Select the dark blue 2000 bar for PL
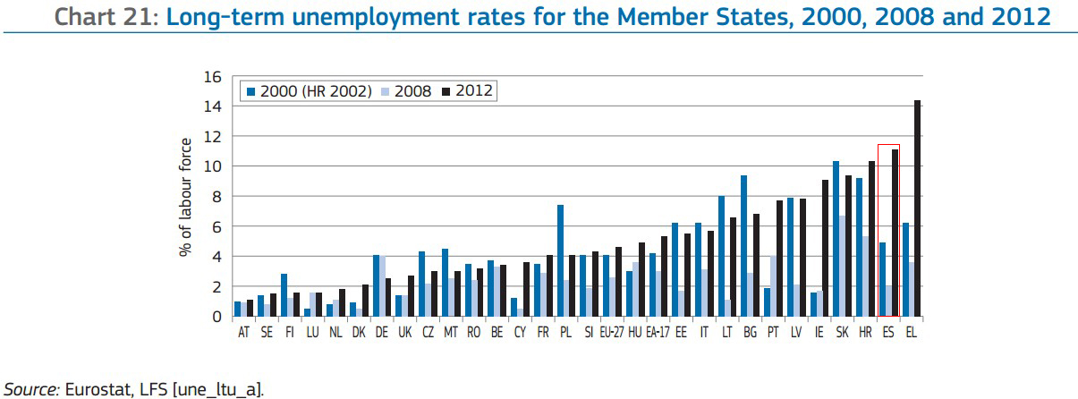560,260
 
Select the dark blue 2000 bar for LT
720,256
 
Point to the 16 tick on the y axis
213,77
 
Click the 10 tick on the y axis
213,166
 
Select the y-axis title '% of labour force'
186,197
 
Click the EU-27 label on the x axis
612,332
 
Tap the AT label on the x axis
243,332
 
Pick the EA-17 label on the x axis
658,332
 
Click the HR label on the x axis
864,332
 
